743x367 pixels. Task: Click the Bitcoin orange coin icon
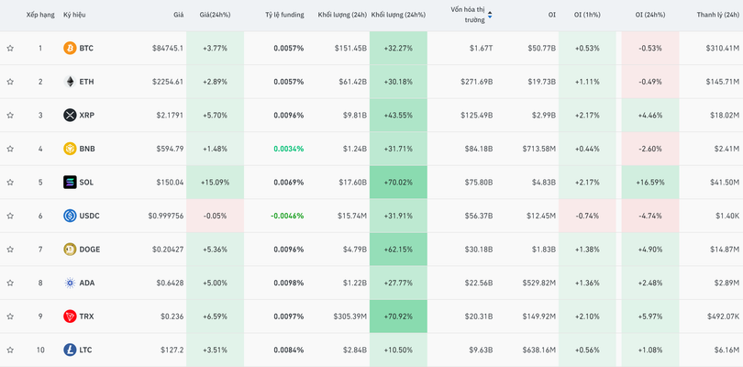pyautogui.click(x=70, y=48)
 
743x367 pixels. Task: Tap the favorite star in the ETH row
pyautogui.click(x=10, y=82)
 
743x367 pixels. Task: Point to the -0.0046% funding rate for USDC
pyautogui.click(x=285, y=216)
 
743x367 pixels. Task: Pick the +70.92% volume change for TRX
pyautogui.click(x=399, y=317)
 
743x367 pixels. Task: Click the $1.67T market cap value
pyautogui.click(x=481, y=48)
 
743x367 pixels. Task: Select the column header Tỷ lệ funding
pyautogui.click(x=284, y=15)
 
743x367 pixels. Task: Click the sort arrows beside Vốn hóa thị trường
pyautogui.click(x=490, y=15)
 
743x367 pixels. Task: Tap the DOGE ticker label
pyautogui.click(x=90, y=250)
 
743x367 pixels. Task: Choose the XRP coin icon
pyautogui.click(x=70, y=115)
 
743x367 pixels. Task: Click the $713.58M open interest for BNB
pyautogui.click(x=532, y=149)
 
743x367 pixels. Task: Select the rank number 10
pyautogui.click(x=40, y=350)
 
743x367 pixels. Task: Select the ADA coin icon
pyautogui.click(x=70, y=284)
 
